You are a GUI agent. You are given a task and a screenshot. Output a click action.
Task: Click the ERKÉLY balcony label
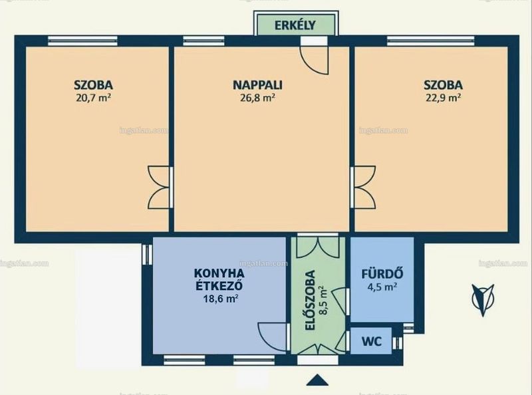click(x=295, y=25)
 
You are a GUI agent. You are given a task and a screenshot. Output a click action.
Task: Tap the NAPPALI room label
click(x=257, y=85)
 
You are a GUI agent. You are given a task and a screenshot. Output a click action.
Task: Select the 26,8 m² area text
click(x=257, y=98)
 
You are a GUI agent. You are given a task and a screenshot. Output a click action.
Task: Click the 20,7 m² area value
click(x=94, y=98)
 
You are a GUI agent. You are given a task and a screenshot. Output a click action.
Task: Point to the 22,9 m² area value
click(x=443, y=98)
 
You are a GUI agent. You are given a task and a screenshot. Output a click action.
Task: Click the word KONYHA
click(x=219, y=273)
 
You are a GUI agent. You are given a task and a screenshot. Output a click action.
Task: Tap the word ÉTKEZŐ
click(x=219, y=285)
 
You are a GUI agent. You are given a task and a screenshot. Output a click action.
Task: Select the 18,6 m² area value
click(x=220, y=299)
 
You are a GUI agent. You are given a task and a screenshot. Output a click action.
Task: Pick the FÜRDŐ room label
click(x=382, y=273)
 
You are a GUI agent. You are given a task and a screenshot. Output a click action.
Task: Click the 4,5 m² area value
click(x=382, y=287)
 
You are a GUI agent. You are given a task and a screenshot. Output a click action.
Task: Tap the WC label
click(x=372, y=341)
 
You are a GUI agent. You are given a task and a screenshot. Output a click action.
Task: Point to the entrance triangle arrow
click(x=317, y=380)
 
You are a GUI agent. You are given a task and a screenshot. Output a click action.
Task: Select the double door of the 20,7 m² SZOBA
click(x=160, y=187)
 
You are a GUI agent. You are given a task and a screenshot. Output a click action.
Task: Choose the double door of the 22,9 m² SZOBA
click(x=364, y=187)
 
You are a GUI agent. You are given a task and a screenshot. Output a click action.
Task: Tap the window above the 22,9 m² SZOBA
click(x=430, y=41)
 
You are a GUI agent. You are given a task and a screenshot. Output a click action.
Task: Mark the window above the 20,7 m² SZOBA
click(x=82, y=41)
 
